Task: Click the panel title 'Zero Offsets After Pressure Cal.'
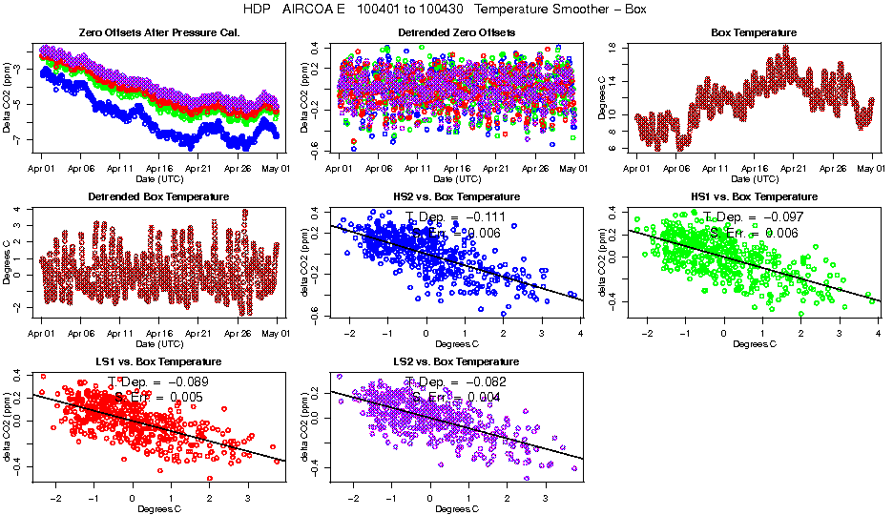159,32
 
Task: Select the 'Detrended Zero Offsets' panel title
456,32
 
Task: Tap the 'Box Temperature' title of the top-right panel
754,32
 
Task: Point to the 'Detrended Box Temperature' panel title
159,196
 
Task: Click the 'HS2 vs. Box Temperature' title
456,196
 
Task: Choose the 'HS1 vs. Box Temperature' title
754,196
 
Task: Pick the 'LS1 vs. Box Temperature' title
159,361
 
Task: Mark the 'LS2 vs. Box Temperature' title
456,361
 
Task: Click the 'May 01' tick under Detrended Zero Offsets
572,168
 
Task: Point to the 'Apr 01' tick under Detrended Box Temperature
42,333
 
